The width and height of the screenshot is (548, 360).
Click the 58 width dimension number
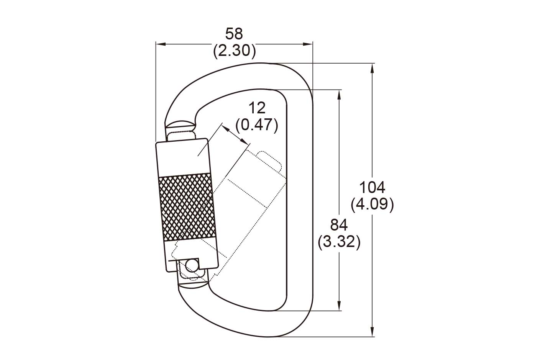[234, 34]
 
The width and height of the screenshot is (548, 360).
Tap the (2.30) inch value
[235, 51]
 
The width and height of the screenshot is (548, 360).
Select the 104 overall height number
[372, 188]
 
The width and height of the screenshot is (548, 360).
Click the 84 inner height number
[339, 225]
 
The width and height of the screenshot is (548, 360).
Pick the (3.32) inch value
[339, 242]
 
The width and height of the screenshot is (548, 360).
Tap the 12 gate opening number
[257, 108]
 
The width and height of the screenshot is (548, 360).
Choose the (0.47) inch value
[257, 125]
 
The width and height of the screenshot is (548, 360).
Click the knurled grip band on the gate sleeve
[187, 207]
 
